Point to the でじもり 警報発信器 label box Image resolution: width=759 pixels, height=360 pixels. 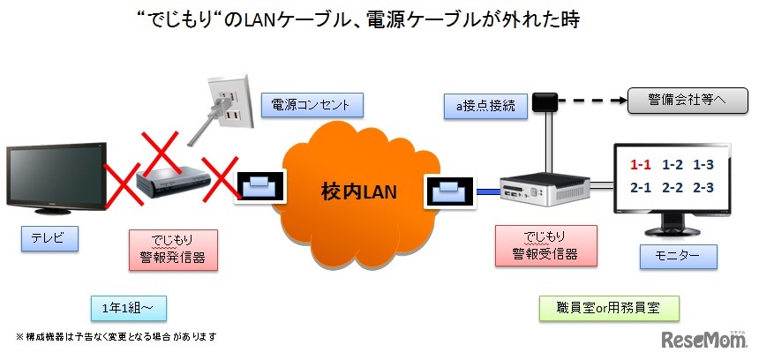173,247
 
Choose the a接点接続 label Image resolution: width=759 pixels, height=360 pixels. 485,106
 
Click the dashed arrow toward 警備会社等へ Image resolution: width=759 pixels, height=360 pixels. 592,100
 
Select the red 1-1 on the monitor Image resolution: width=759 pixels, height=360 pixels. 642,165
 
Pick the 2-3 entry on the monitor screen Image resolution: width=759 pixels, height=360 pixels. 703,187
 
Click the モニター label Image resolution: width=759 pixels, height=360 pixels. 678,257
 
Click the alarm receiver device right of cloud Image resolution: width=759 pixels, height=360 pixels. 545,188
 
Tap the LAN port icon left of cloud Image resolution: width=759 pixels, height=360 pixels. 259,185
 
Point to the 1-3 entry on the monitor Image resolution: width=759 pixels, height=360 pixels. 703,165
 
